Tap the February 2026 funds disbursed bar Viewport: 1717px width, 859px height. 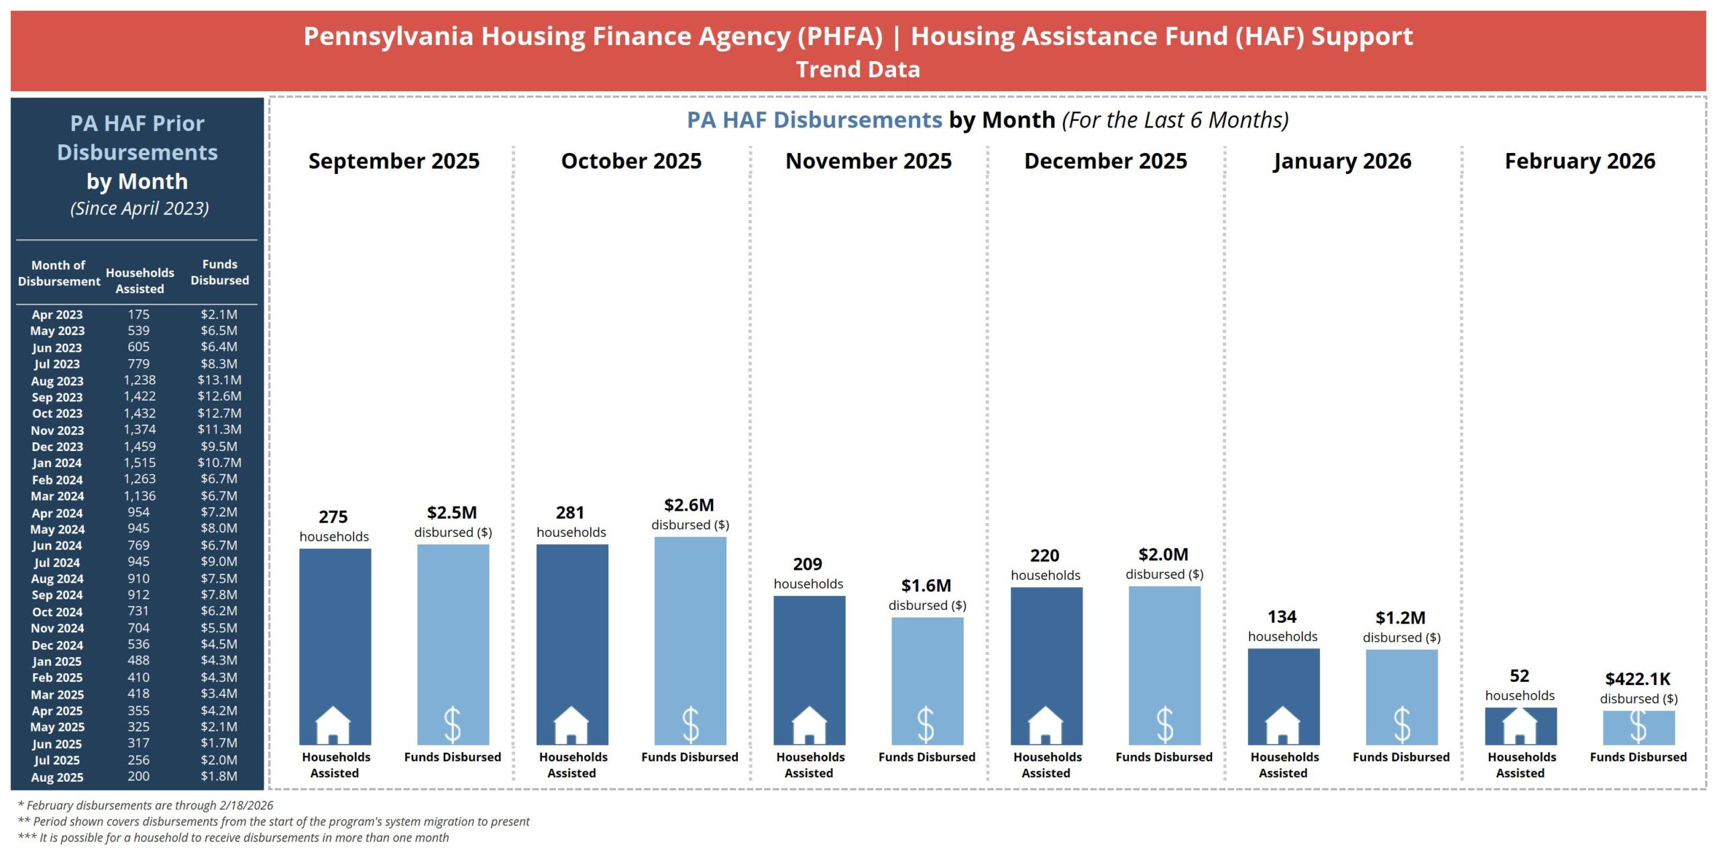1639,727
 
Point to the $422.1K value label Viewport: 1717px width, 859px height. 1638,679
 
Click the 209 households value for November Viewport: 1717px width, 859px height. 808,564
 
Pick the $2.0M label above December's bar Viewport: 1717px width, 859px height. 1163,555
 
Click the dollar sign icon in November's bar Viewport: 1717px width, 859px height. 926,725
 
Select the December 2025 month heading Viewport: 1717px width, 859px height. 1105,161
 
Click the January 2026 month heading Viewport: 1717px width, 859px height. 1342,161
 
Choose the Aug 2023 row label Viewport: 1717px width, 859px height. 58,381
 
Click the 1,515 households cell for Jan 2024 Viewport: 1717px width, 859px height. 140,463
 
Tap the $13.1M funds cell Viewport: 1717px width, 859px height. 219,380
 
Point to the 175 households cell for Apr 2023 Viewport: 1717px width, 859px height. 139,314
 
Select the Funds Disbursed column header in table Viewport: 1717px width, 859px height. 219,272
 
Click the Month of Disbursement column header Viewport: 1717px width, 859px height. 59,273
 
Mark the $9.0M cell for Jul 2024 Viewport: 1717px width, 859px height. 219,562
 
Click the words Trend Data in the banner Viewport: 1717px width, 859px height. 858,70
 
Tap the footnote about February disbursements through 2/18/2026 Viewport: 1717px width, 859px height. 146,805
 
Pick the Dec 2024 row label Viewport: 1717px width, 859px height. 58,645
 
